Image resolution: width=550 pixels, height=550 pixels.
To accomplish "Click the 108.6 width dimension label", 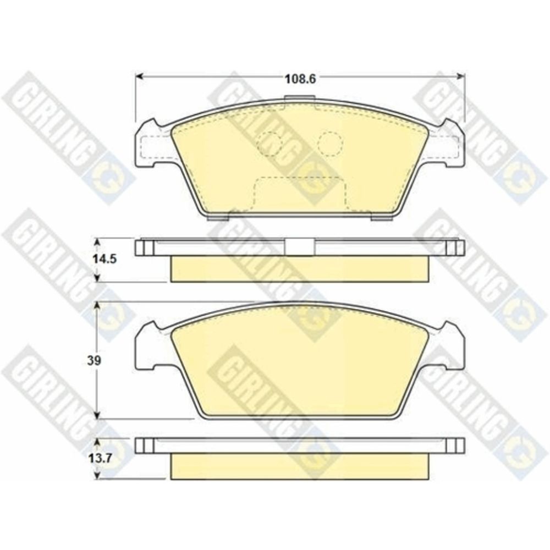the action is (300, 79).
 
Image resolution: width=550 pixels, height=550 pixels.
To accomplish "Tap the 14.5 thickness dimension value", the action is (105, 260).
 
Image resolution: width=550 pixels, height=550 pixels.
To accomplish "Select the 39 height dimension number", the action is (95, 361).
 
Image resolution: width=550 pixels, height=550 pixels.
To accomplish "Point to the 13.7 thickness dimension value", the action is (100, 458).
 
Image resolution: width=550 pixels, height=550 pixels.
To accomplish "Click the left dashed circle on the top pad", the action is (269, 144).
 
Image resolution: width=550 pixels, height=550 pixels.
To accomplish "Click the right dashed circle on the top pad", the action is (329, 144).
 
